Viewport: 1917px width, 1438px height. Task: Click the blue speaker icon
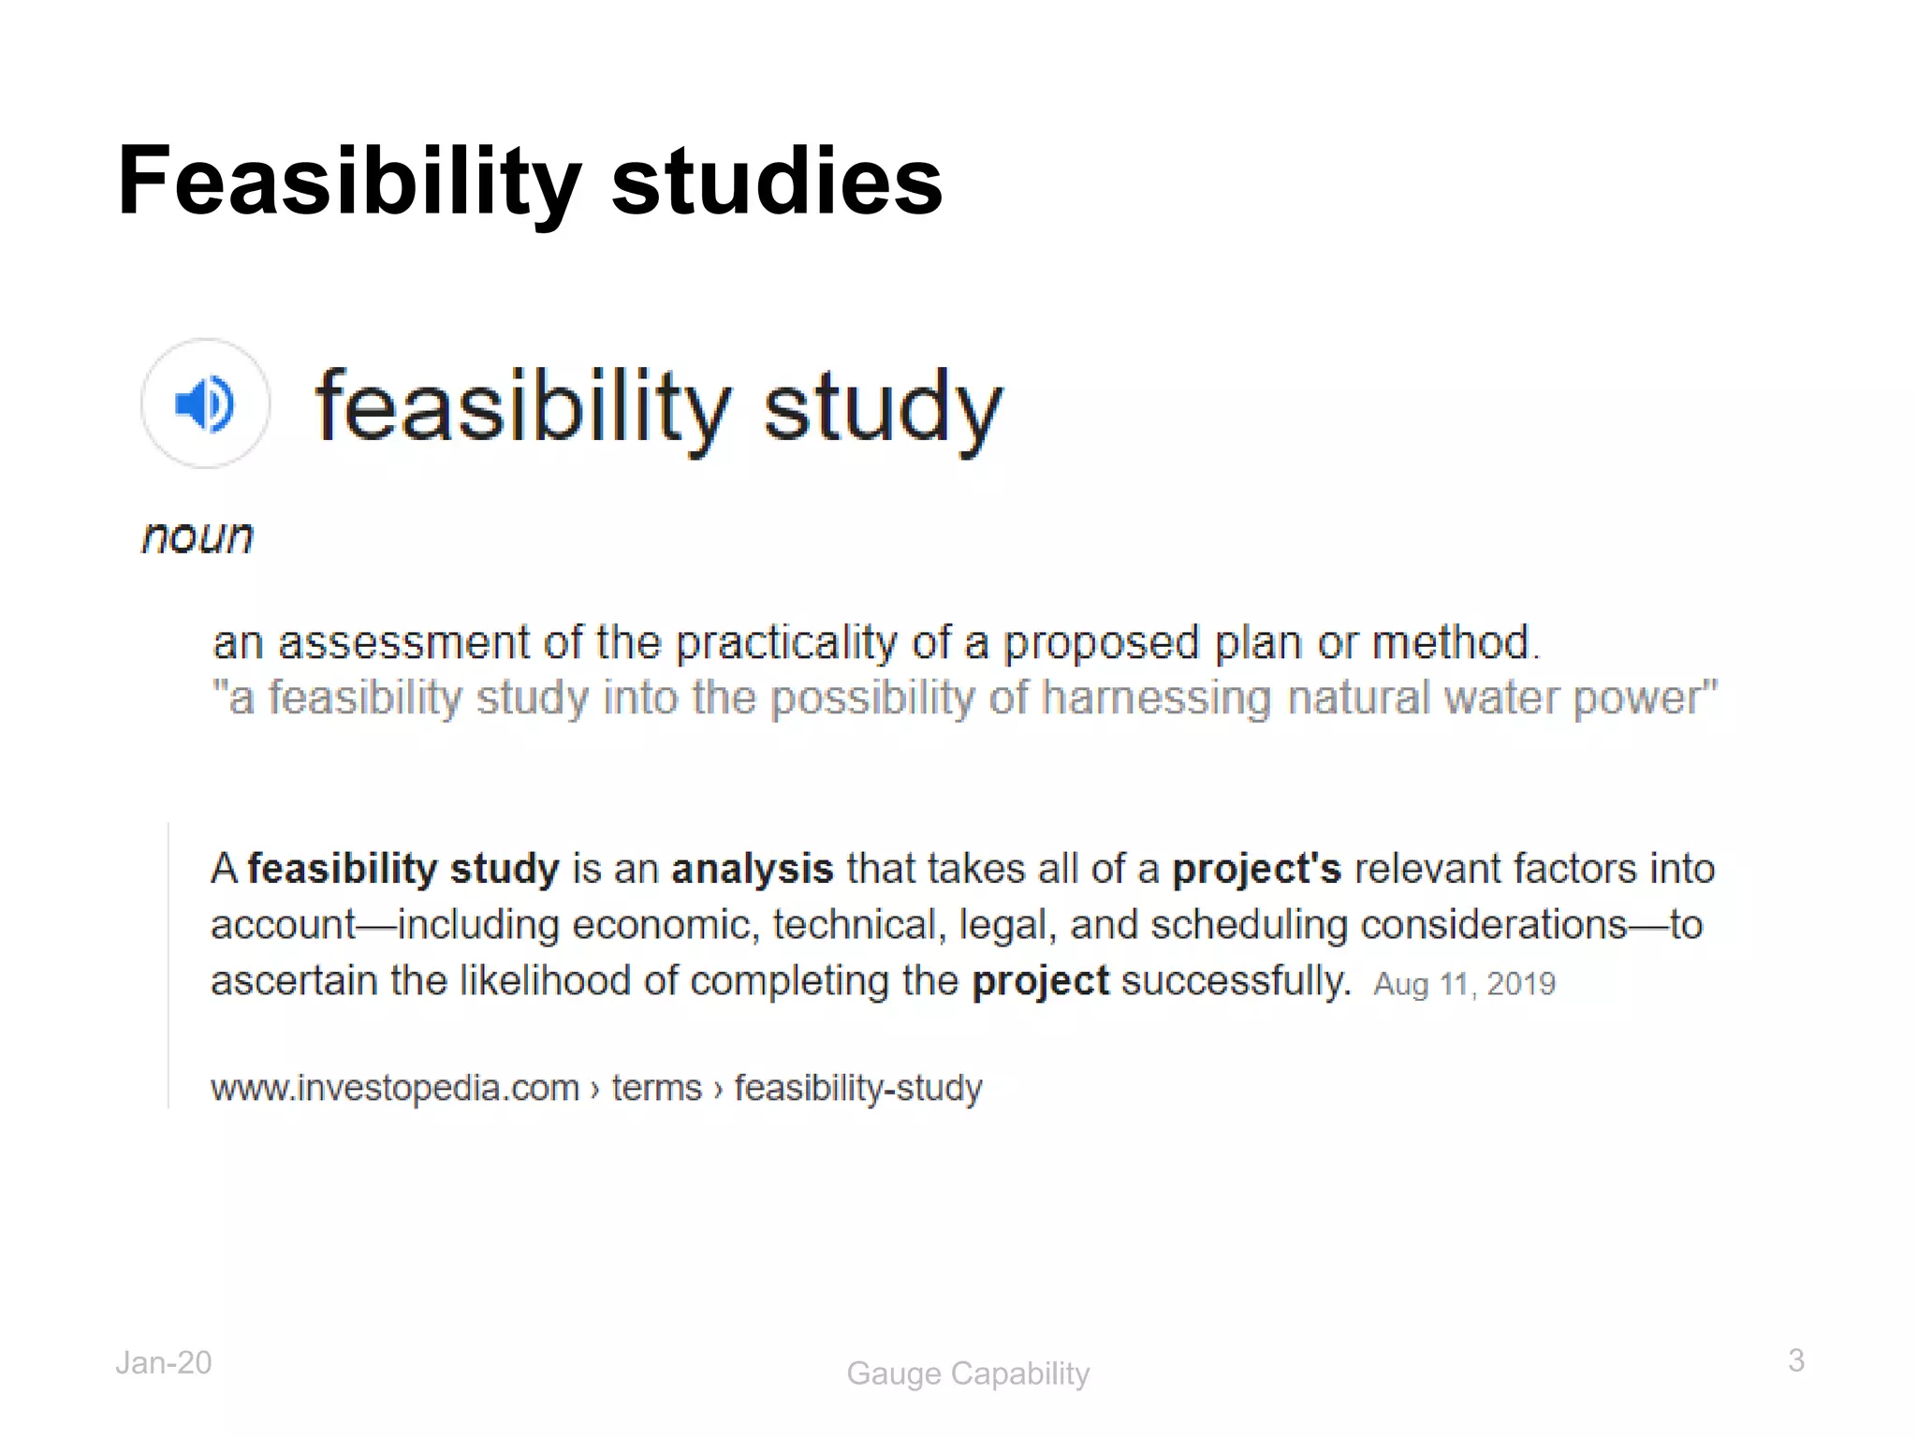point(205,404)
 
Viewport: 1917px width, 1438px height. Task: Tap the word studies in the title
point(776,182)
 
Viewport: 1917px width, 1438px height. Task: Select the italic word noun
point(198,537)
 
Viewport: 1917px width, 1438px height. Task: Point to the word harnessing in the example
point(1157,698)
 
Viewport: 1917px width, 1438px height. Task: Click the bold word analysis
point(753,869)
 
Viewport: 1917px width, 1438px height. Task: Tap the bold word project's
point(1256,869)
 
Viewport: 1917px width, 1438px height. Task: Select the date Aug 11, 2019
point(1464,984)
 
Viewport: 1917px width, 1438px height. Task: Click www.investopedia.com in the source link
point(395,1088)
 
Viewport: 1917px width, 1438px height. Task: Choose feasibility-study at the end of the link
point(857,1088)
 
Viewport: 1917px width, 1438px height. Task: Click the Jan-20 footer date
point(164,1363)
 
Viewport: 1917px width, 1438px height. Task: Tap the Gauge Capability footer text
point(968,1373)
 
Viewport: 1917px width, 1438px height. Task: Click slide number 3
point(1795,1360)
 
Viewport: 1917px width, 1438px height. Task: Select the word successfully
point(1236,981)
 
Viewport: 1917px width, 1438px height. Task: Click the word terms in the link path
point(656,1088)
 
